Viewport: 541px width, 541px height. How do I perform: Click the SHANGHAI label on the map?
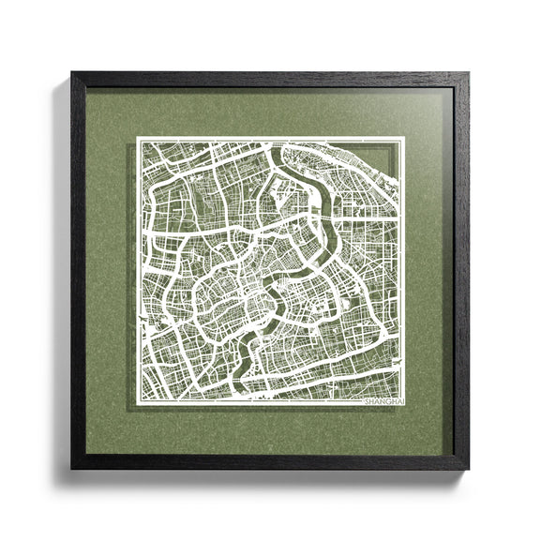(x=383, y=400)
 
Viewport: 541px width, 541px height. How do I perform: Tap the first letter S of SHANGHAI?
(x=367, y=400)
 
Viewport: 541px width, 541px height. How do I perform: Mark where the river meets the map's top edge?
(x=281, y=140)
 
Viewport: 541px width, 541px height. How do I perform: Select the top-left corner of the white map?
(x=138, y=139)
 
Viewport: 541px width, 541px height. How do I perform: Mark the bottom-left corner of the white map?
(x=138, y=405)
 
